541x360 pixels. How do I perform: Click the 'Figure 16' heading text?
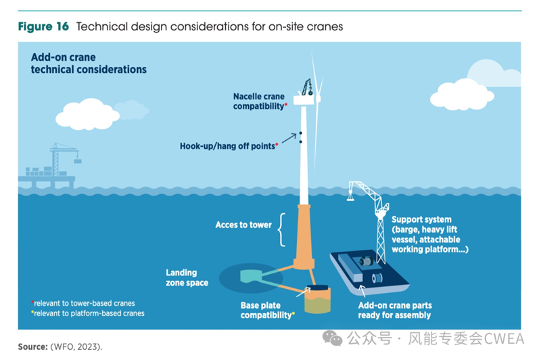[x=43, y=26]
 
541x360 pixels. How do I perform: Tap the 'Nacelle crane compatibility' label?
[x=260, y=101]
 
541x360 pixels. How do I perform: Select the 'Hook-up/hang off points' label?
[x=229, y=146]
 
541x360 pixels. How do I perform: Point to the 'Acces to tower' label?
[x=243, y=225]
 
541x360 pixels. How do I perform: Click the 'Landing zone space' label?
[x=187, y=277]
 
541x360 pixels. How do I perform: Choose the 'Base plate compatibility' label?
[x=267, y=310]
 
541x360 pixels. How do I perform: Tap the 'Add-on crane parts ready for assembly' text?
[x=395, y=310]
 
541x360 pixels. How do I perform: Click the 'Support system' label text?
[x=421, y=219]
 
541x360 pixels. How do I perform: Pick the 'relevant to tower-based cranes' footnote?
[x=83, y=303]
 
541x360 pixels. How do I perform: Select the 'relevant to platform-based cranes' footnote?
[x=88, y=313]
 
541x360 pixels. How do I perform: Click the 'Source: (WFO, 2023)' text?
[x=60, y=346]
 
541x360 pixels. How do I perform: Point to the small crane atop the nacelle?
[x=307, y=87]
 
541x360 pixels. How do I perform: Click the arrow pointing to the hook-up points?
[x=289, y=138]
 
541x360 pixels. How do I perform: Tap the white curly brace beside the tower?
[x=281, y=229]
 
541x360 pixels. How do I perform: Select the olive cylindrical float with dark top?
[x=317, y=299]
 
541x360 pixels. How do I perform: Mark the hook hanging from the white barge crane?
[x=350, y=197]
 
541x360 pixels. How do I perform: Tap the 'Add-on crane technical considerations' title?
[x=89, y=63]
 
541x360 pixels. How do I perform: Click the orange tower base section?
[x=304, y=237]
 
